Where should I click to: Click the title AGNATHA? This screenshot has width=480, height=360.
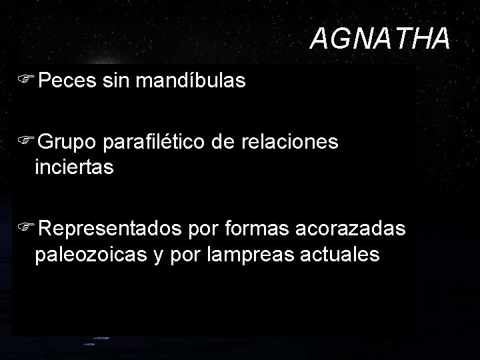380,39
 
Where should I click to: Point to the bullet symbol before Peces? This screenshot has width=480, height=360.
26,81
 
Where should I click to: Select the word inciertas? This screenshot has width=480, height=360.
75,167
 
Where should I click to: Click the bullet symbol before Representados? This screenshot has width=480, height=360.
26,229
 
